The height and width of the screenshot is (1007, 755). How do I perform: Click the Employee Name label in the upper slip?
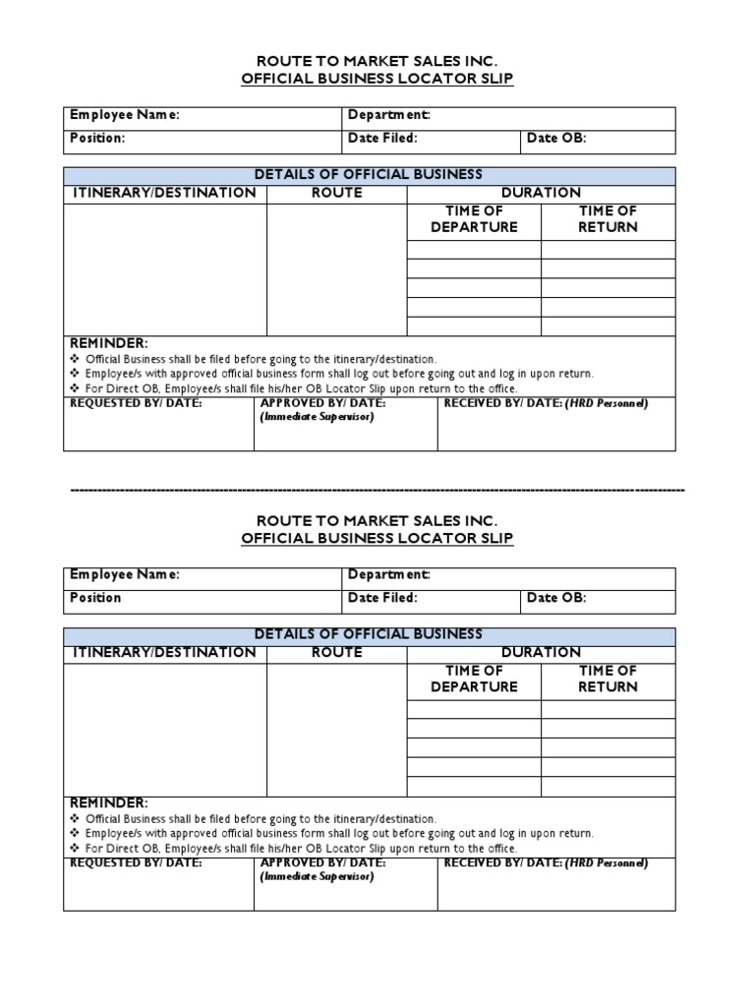click(x=124, y=115)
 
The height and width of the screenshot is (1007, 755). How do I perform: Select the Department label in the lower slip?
click(x=388, y=574)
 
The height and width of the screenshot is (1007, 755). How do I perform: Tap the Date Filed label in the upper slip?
click(x=382, y=138)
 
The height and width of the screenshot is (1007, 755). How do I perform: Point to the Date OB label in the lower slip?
click(x=556, y=597)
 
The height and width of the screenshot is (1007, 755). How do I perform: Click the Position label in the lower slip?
click(x=95, y=597)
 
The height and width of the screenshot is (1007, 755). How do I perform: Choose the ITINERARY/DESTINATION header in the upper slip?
click(x=164, y=193)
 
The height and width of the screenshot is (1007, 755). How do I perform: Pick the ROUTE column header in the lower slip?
click(x=336, y=652)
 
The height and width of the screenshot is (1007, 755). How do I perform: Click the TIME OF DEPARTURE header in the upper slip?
click(x=474, y=218)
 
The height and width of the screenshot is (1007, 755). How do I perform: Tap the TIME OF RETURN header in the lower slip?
click(x=608, y=679)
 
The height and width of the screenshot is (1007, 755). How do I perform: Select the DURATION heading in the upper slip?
click(x=541, y=193)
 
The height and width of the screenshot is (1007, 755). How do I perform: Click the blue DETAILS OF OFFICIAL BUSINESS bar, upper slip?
click(x=369, y=174)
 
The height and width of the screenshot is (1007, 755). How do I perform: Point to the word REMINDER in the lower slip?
click(x=109, y=802)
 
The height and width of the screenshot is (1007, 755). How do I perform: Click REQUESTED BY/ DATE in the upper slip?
click(x=136, y=403)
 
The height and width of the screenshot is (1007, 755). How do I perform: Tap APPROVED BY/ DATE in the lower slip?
click(x=322, y=862)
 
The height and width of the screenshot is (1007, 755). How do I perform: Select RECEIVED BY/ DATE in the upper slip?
click(x=503, y=403)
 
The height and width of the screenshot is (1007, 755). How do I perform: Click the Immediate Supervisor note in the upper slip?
click(x=317, y=417)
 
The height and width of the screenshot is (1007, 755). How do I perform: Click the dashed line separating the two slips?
click(x=377, y=489)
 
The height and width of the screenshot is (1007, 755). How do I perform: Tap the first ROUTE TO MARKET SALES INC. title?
click(x=377, y=60)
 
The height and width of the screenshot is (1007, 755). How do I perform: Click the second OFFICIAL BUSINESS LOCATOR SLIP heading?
click(x=377, y=538)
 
